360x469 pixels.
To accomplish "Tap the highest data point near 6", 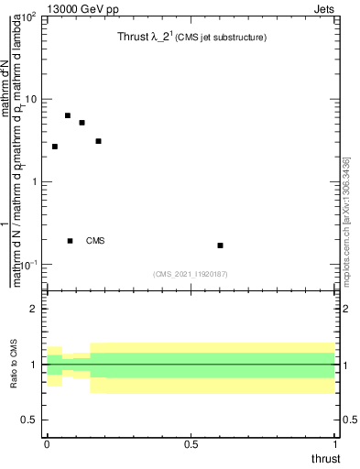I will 68,115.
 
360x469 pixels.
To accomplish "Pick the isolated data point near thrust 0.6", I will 220,245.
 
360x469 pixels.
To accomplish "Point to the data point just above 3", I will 98,141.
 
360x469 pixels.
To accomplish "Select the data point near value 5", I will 82,123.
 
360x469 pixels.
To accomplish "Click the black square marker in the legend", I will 70,241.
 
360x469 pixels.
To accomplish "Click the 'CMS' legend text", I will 95,241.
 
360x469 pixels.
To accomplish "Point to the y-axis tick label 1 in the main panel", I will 33,181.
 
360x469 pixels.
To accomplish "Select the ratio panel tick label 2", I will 34,309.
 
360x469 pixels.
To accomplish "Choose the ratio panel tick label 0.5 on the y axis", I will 29,420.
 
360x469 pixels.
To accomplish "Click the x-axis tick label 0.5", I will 191,446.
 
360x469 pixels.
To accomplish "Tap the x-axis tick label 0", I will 47,446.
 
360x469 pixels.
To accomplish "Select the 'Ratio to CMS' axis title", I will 14,365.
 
